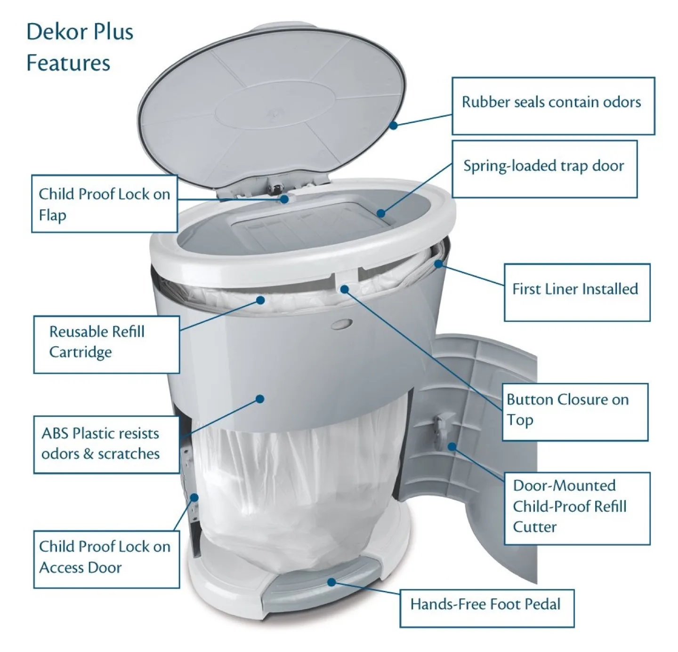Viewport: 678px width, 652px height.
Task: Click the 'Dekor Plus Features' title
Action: [80, 47]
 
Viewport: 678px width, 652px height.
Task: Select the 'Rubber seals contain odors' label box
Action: [553, 106]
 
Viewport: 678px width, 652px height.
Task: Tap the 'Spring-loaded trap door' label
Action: [544, 168]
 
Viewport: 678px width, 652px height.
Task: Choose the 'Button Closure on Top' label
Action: [574, 412]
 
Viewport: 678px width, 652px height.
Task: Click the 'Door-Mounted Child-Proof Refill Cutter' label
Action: [576, 508]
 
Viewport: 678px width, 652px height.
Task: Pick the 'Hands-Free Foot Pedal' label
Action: [486, 607]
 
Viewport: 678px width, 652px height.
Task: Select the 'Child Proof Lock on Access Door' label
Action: [106, 558]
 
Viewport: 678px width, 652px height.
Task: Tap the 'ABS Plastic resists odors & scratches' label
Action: [106, 444]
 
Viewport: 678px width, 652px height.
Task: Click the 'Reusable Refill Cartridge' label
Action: [106, 344]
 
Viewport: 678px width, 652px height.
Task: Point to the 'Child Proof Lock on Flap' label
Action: [104, 204]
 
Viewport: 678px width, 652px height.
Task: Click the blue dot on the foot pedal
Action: [331, 582]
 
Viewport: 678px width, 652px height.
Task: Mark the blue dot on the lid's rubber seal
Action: [394, 125]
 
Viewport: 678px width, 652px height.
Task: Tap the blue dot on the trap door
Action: [381, 214]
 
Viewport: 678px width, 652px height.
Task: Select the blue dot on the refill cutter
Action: [452, 446]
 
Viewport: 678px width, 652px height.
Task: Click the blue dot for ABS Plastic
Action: [259, 399]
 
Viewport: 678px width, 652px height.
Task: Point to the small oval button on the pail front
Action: [341, 324]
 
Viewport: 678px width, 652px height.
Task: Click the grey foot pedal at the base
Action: [320, 588]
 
